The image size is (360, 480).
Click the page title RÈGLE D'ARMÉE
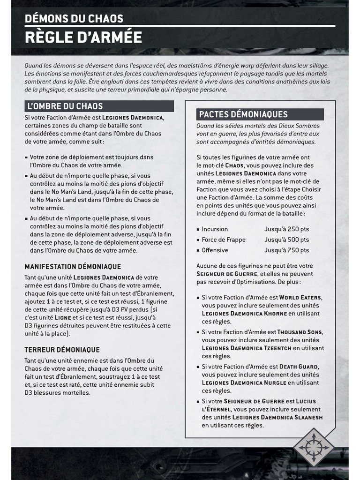(x=83, y=37)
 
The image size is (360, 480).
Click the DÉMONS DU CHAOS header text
(x=74, y=19)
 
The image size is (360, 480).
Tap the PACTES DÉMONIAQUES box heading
(x=243, y=114)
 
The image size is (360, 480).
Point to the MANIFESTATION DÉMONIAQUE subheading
(x=73, y=266)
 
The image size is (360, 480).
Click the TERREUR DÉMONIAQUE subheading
(x=62, y=350)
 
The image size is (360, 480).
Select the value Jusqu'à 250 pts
(x=286, y=229)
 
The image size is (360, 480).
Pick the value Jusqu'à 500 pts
(x=286, y=240)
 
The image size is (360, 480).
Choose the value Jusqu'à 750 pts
(x=286, y=250)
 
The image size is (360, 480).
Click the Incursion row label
(x=215, y=229)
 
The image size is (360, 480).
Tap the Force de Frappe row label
(x=224, y=240)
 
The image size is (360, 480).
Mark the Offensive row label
(x=215, y=250)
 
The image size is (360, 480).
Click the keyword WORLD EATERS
(x=301, y=298)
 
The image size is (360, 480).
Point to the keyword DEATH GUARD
(x=300, y=367)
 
